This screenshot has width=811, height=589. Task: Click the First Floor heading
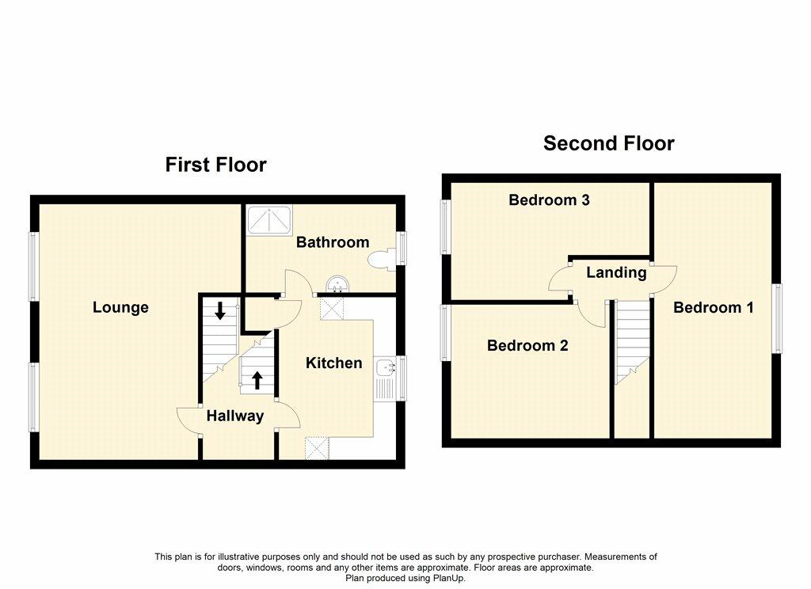click(x=215, y=165)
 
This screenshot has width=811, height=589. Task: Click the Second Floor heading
click(x=608, y=143)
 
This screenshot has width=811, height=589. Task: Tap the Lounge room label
click(x=120, y=308)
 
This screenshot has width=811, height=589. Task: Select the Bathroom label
click(x=333, y=242)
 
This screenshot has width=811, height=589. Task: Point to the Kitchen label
click(x=334, y=363)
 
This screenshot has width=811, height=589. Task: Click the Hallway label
click(x=235, y=416)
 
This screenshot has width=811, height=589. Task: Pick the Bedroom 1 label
click(x=713, y=308)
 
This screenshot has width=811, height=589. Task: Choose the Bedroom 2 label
click(x=527, y=346)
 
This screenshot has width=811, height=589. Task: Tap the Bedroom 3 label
click(x=549, y=200)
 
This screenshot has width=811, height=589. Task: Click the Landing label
click(x=616, y=273)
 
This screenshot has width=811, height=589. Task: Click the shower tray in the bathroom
click(x=268, y=220)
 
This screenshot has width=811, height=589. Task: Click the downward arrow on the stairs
click(x=219, y=311)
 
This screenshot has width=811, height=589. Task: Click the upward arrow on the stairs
click(x=257, y=380)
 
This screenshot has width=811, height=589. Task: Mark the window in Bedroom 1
click(x=778, y=318)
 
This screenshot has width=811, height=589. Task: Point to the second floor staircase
click(x=631, y=340)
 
